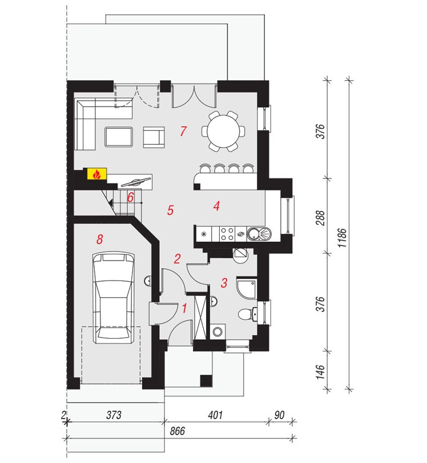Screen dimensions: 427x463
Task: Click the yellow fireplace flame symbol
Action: click(96, 174)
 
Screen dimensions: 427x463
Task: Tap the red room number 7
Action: click(183, 131)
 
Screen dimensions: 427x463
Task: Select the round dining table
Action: click(223, 131)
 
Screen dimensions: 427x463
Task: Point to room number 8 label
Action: click(100, 239)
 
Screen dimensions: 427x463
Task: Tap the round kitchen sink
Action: click(254, 234)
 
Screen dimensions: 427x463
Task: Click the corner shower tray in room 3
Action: click(247, 288)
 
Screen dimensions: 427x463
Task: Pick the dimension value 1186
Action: click(342, 238)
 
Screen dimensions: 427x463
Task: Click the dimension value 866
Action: click(177, 431)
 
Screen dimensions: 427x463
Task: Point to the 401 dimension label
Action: click(215, 415)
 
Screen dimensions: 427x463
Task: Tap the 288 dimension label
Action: click(320, 218)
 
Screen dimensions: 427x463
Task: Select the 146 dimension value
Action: click(320, 372)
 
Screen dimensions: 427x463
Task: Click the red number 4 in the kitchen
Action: click(217, 206)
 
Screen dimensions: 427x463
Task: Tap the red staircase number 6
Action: click(130, 197)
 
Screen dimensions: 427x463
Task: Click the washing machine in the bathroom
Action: click(218, 331)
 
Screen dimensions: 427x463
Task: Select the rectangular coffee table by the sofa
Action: click(119, 137)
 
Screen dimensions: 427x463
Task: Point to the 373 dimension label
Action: click(114, 415)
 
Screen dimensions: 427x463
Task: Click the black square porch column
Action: click(206, 381)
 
